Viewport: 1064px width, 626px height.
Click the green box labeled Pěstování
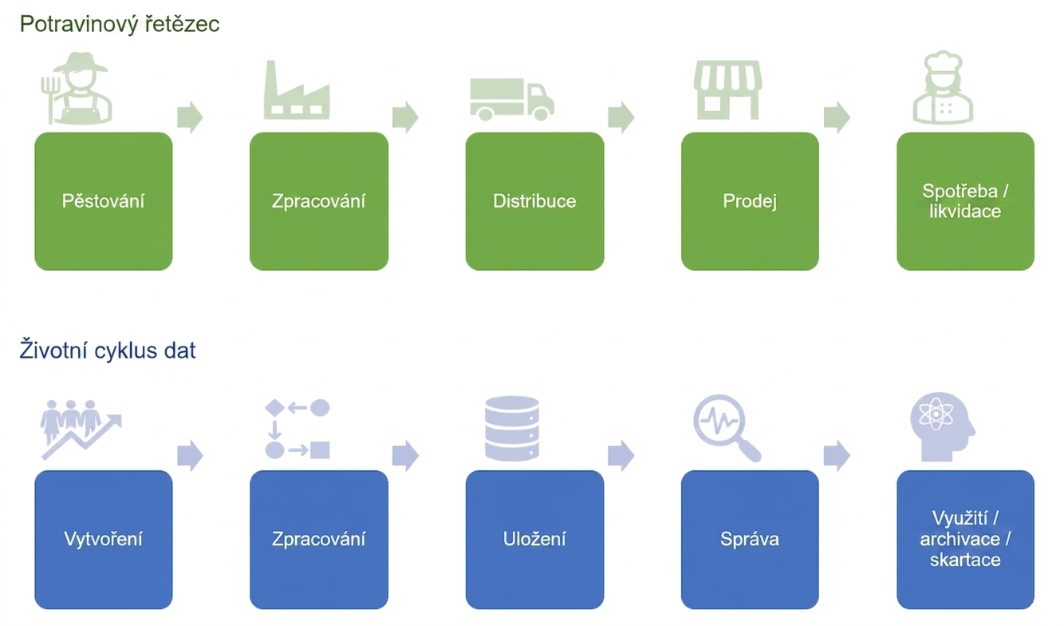click(104, 201)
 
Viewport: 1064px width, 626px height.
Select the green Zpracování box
click(319, 201)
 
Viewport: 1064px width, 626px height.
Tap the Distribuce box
click(535, 201)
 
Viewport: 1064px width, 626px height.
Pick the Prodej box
click(750, 201)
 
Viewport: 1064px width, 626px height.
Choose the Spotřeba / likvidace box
click(966, 201)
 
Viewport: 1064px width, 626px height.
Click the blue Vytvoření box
click(104, 540)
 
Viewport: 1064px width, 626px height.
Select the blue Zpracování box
click(319, 540)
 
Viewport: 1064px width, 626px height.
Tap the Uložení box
click(535, 540)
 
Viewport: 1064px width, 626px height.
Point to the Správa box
click(750, 540)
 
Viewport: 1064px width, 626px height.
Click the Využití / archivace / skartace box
click(966, 540)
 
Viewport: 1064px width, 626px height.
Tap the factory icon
click(297, 90)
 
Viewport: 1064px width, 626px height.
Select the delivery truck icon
click(512, 100)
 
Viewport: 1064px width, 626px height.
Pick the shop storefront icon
click(727, 90)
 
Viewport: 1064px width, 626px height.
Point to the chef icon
click(943, 88)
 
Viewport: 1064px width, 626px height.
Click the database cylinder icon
click(512, 429)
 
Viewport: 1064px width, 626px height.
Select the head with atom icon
click(943, 427)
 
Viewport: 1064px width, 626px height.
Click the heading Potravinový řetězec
click(120, 24)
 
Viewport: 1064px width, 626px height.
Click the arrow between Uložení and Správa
click(621, 455)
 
